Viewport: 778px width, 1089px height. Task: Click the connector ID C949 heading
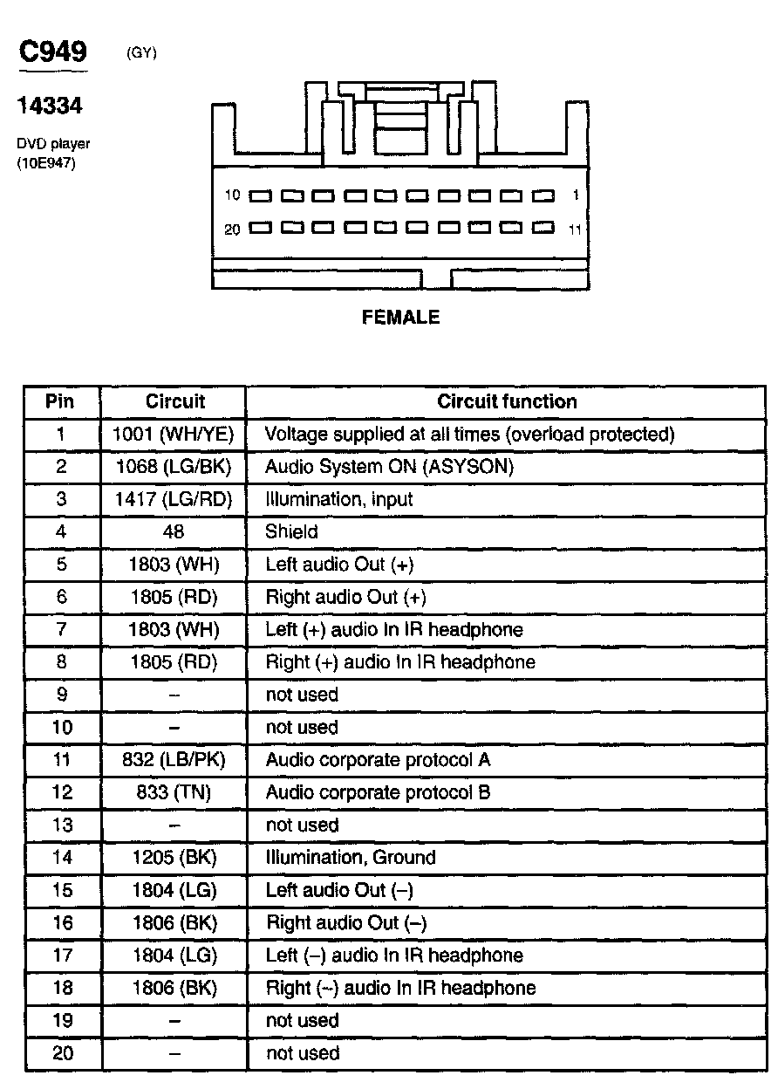tap(53, 51)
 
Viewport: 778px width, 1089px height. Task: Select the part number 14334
tap(50, 106)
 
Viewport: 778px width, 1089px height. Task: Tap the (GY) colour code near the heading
tap(141, 53)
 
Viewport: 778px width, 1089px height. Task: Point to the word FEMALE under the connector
tap(401, 318)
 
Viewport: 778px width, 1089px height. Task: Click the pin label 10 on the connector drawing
tap(232, 195)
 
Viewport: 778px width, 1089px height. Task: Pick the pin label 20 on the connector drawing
tap(232, 229)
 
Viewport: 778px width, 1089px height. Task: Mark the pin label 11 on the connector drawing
tap(574, 230)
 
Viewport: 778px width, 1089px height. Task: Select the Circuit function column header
tap(507, 402)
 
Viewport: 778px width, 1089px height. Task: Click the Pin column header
tap(60, 402)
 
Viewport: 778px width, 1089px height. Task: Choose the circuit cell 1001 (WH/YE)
tap(173, 435)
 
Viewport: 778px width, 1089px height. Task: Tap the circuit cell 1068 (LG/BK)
tap(173, 467)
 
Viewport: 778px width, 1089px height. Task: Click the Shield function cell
tap(291, 532)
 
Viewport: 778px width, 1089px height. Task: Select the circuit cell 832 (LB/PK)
tap(173, 760)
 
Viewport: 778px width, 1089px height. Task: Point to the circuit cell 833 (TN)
tap(173, 793)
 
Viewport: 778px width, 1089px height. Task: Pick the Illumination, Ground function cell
tap(350, 858)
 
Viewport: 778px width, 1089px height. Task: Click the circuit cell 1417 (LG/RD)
tap(173, 500)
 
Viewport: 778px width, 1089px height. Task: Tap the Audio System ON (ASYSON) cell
tap(389, 467)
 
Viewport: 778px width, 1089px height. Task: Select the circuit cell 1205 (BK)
tap(173, 858)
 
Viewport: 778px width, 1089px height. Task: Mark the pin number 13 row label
tap(62, 825)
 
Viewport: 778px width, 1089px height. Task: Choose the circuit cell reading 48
tap(173, 532)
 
